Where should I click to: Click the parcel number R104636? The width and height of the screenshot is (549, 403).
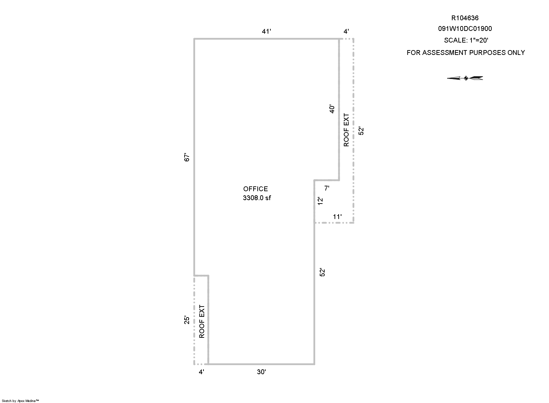pyautogui.click(x=465, y=18)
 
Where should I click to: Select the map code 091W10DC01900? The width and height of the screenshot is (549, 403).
pyautogui.click(x=465, y=29)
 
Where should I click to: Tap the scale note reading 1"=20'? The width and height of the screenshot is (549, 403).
pyautogui.click(x=479, y=40)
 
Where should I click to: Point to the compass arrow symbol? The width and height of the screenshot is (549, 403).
pyautogui.click(x=465, y=78)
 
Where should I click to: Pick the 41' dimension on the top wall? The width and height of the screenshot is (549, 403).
pyautogui.click(x=266, y=31)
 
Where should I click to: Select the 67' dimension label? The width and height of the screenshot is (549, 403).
pyautogui.click(x=187, y=157)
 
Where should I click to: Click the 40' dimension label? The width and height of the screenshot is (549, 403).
pyautogui.click(x=332, y=109)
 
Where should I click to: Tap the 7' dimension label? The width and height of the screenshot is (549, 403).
pyautogui.click(x=327, y=188)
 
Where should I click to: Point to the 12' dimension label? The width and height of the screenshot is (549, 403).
pyautogui.click(x=320, y=201)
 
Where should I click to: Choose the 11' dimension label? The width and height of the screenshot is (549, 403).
pyautogui.click(x=337, y=217)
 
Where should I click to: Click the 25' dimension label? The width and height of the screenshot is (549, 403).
pyautogui.click(x=187, y=320)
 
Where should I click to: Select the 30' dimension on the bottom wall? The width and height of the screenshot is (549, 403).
pyautogui.click(x=261, y=372)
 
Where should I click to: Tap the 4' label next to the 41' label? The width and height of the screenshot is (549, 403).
pyautogui.click(x=346, y=31)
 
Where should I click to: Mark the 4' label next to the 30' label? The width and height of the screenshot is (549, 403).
pyautogui.click(x=201, y=372)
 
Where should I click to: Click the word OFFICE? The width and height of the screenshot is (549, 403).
pyautogui.click(x=255, y=189)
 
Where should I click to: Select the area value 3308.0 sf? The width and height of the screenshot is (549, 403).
pyautogui.click(x=257, y=198)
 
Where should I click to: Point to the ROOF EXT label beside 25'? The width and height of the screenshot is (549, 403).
pyautogui.click(x=202, y=321)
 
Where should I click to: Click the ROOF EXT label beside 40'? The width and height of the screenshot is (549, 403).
pyautogui.click(x=346, y=130)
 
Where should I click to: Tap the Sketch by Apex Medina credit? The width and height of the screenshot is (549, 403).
pyautogui.click(x=20, y=401)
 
